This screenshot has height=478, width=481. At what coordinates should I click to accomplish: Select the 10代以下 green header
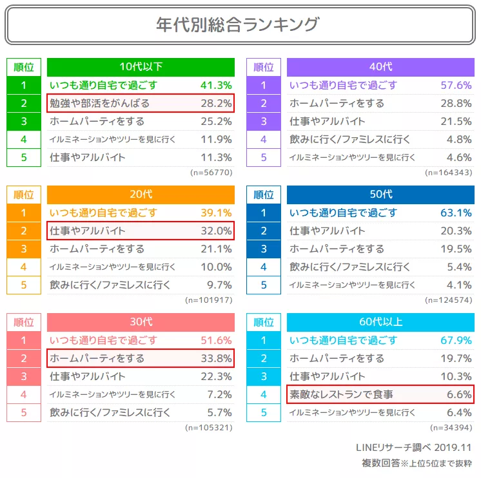[x=141, y=67]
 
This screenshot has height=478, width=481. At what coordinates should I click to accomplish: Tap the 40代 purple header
[x=380, y=67]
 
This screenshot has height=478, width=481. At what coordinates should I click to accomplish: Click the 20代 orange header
[x=141, y=195]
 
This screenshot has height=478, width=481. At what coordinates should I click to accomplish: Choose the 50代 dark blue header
[x=380, y=195]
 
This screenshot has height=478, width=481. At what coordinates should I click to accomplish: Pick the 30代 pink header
[x=141, y=322]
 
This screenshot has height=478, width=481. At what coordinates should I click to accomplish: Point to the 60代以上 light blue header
[x=380, y=322]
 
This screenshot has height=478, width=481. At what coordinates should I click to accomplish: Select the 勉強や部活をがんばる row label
[x=100, y=103]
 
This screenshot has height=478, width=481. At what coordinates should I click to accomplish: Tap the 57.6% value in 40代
[x=456, y=85]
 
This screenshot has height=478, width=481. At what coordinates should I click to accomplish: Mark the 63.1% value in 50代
[x=456, y=213]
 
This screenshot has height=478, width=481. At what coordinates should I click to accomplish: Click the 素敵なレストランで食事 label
[x=342, y=394]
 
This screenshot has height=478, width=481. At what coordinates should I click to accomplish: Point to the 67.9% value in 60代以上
[x=456, y=340]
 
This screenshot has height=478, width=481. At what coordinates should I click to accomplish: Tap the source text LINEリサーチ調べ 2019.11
[x=413, y=447]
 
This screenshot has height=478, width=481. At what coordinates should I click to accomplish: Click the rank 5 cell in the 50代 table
[x=263, y=285]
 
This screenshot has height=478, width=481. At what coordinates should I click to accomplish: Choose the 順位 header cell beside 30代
[x=24, y=322]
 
